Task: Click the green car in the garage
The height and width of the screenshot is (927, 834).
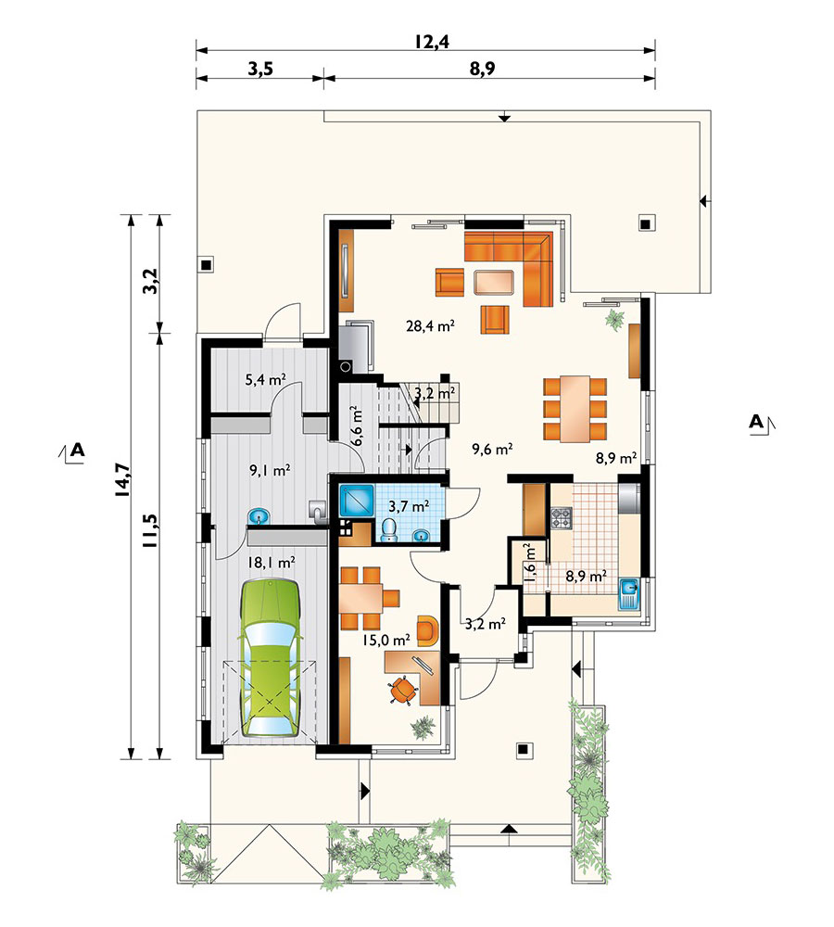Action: tap(269, 657)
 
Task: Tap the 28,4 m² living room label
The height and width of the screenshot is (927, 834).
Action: tap(430, 325)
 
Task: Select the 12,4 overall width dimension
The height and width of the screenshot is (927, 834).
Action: tap(432, 42)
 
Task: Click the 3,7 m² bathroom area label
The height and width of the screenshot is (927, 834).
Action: tap(409, 506)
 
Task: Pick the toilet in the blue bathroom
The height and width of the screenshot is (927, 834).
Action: tap(389, 529)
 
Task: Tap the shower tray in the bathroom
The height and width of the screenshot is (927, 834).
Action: tap(356, 501)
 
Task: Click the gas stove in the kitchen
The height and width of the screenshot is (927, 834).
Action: tap(562, 518)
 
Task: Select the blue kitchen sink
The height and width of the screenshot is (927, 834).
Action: tap(628, 593)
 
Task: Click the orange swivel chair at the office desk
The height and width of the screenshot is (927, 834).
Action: tap(402, 690)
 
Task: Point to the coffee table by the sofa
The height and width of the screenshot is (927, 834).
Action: tap(494, 282)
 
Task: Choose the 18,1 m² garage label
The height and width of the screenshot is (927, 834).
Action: tap(272, 563)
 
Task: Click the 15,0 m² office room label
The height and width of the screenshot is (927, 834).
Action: tap(386, 640)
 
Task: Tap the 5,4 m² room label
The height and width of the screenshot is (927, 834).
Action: tap(266, 379)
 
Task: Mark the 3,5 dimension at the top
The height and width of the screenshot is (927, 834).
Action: tap(260, 70)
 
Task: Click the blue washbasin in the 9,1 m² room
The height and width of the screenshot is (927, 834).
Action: tap(259, 516)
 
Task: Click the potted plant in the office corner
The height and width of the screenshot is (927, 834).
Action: tap(423, 726)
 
